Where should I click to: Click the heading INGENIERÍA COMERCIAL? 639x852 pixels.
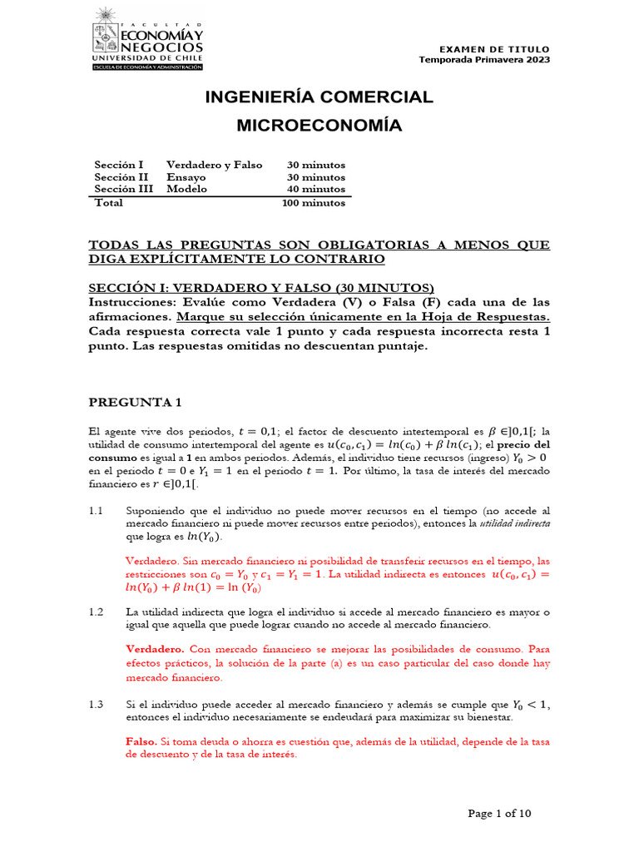click(x=319, y=97)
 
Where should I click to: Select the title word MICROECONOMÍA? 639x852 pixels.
click(x=319, y=126)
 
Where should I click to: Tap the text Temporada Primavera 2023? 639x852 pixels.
click(x=483, y=60)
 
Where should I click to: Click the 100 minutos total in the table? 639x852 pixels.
click(x=314, y=202)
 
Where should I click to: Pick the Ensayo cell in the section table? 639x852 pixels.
click(x=186, y=177)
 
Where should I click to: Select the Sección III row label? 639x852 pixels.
click(x=123, y=189)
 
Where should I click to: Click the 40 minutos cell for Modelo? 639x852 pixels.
click(x=316, y=189)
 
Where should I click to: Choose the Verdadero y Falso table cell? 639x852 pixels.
click(x=214, y=165)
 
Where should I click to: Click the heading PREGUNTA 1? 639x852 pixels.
click(x=135, y=403)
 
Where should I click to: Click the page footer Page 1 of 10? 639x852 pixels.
click(x=499, y=814)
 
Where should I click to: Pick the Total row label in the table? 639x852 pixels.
click(x=110, y=202)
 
